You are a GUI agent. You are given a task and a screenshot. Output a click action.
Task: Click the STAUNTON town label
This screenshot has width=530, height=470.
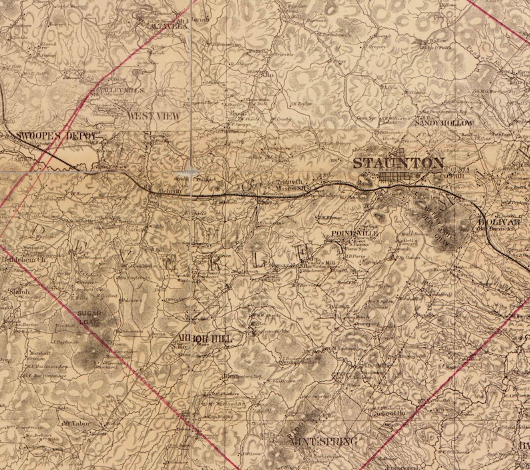(397, 163)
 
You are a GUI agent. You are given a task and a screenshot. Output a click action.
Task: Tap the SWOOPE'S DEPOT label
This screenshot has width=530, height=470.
(57, 135)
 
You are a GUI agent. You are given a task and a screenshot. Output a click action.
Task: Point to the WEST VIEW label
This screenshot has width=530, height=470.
(154, 115)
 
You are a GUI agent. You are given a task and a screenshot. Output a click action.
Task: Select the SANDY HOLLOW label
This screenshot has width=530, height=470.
(444, 123)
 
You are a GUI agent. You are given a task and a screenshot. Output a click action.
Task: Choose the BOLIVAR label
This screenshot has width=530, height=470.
(504, 221)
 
